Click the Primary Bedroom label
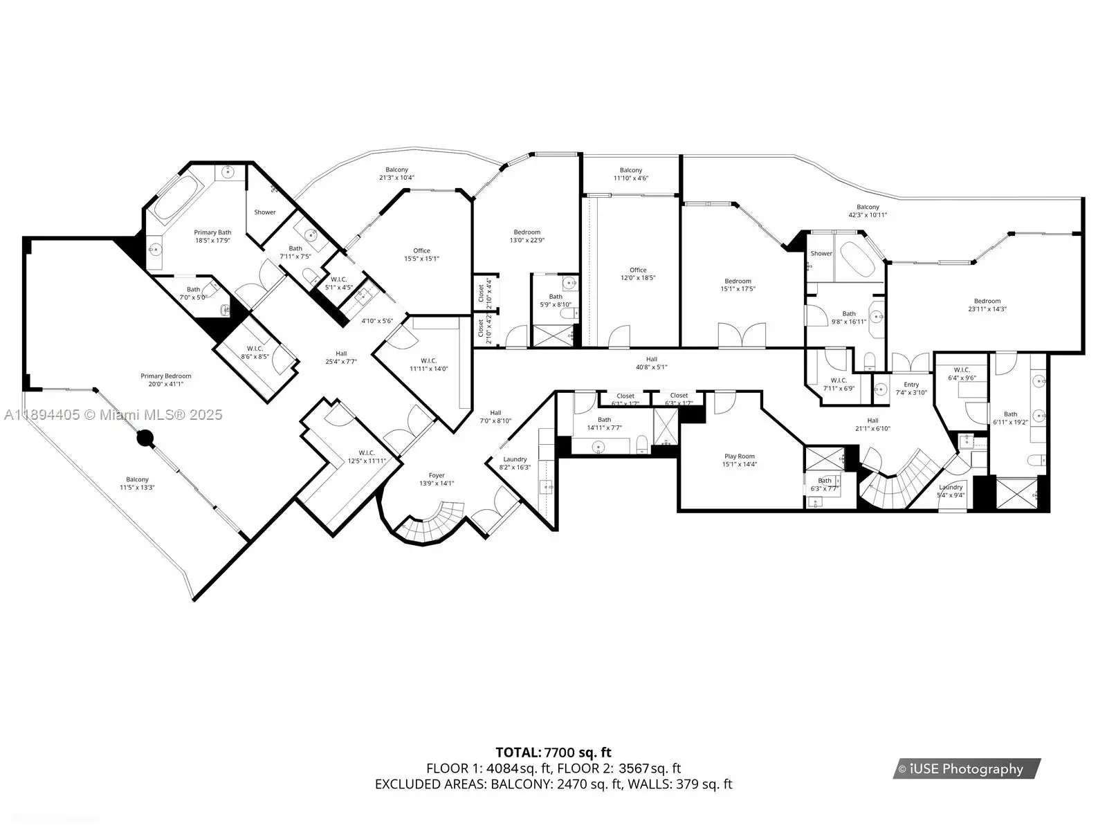coord(166,376)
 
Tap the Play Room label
coord(740,456)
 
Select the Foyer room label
coord(437,475)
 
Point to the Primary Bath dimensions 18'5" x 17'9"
coord(212,241)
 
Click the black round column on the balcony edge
coord(145,439)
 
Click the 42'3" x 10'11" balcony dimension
coord(868,214)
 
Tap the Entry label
coord(911,385)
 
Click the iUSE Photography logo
coord(967,769)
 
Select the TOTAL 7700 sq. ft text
coord(553,753)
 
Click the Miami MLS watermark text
coord(113,415)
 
